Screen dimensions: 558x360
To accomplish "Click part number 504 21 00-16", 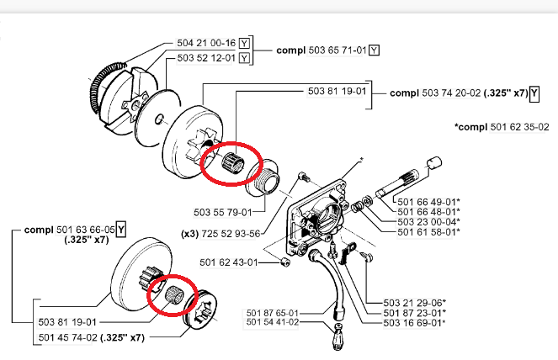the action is (x=206, y=43).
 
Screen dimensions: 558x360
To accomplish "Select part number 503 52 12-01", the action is (x=206, y=58).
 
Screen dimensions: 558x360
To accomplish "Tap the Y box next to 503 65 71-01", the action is (x=374, y=50).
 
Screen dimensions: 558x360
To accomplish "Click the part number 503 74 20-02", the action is (x=451, y=93).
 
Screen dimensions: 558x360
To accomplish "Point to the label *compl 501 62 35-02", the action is (x=502, y=127).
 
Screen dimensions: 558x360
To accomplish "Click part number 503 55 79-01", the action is (x=223, y=212).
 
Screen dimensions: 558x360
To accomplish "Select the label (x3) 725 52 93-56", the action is (x=221, y=234).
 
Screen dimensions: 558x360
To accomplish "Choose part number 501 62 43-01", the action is (x=228, y=262).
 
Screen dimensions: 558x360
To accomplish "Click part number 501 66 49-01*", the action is (x=429, y=202).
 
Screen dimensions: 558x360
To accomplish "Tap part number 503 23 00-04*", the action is (x=429, y=222).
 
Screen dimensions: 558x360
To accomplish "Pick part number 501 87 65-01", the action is (x=272, y=313).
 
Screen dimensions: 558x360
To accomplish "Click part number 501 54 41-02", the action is (x=272, y=322).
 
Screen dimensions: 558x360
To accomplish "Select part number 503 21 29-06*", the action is (x=415, y=303).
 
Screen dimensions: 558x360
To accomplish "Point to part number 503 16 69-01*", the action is (x=415, y=323).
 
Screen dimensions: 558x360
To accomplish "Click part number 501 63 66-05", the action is (x=85, y=230).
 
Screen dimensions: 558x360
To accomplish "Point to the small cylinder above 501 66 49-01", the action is (x=434, y=163).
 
